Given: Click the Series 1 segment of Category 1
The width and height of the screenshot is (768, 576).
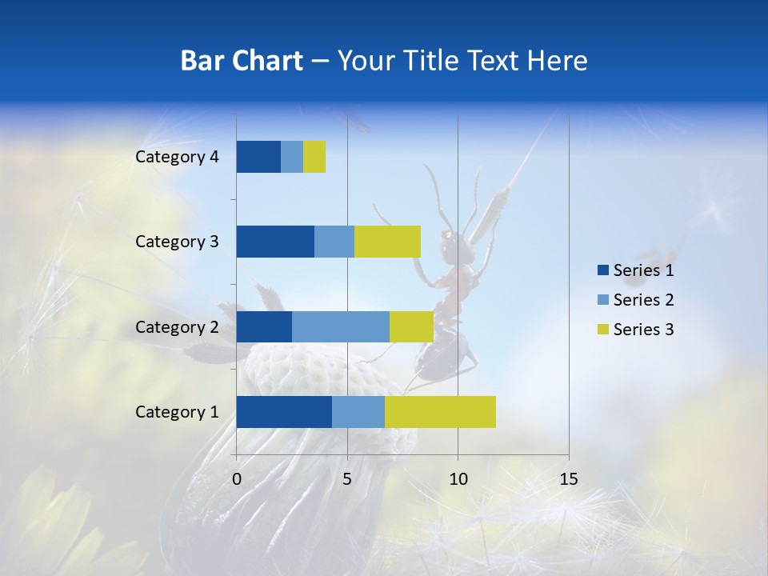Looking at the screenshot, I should (x=284, y=412).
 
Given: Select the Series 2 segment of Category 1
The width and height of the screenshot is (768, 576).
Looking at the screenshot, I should (x=358, y=412).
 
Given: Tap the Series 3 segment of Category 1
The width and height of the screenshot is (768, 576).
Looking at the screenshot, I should (x=440, y=412).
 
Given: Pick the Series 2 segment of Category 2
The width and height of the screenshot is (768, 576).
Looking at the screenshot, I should (x=341, y=326).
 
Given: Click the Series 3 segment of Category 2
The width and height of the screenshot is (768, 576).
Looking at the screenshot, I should (x=411, y=326).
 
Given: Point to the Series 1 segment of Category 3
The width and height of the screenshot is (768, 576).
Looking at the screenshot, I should (x=275, y=242).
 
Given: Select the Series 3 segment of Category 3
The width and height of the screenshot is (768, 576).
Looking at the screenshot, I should (x=387, y=242).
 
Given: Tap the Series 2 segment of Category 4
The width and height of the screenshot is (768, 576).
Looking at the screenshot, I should (x=292, y=157).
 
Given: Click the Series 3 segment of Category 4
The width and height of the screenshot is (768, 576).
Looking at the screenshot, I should (x=314, y=157).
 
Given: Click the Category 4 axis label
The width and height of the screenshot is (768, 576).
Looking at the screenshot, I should (x=177, y=157).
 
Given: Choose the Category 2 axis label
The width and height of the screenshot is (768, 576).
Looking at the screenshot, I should (x=177, y=326).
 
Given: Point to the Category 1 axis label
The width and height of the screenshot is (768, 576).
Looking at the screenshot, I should (x=177, y=412).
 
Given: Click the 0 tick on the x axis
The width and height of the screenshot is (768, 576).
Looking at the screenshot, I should (x=237, y=479).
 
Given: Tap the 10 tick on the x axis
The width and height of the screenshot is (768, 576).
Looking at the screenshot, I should (x=458, y=479).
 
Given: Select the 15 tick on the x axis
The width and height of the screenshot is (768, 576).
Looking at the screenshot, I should (x=569, y=479).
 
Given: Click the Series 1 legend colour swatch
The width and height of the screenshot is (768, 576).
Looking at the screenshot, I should (x=602, y=270).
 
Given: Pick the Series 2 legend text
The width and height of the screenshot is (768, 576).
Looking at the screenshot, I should (x=643, y=300).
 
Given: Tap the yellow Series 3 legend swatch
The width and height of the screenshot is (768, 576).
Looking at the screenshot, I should (x=602, y=330).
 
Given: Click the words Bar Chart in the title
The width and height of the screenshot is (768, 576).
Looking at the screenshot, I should (x=242, y=61).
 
